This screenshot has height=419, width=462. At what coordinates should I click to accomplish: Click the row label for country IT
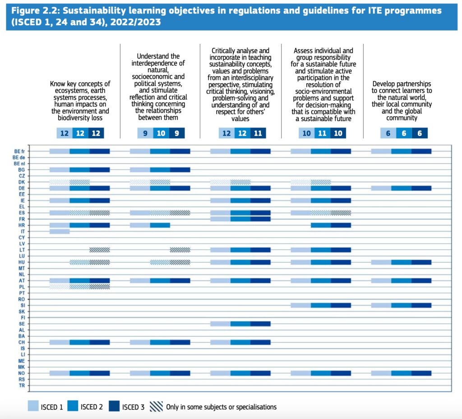tap(22, 231)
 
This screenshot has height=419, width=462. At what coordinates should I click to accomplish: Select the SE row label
tap(22, 324)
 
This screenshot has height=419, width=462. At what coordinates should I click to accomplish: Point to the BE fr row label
tap(19, 151)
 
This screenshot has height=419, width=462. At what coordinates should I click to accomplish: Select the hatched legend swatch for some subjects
tap(156, 407)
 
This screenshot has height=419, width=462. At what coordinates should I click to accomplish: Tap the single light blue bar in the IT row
tap(60, 231)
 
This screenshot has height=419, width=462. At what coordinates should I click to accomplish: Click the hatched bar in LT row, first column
tap(100, 250)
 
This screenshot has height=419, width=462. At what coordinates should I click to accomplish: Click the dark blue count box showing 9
tap(177, 133)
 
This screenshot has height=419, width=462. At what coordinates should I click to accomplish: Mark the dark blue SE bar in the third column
tap(260, 324)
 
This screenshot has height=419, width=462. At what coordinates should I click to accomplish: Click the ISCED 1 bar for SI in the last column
tap(381, 305)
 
